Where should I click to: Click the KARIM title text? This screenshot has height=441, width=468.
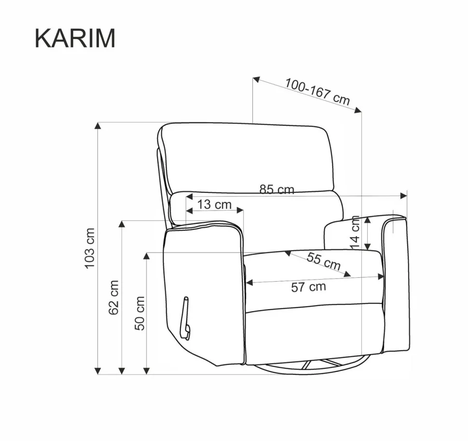click(75, 38)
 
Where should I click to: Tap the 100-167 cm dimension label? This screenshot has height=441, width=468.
click(317, 92)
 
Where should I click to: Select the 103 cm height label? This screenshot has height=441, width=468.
click(90, 248)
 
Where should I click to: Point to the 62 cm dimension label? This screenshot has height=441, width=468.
click(114, 297)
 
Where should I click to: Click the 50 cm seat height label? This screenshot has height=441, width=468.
click(140, 313)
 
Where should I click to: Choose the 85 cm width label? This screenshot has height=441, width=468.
click(276, 189)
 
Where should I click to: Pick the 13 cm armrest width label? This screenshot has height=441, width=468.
click(214, 205)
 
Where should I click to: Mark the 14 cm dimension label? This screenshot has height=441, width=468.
click(355, 232)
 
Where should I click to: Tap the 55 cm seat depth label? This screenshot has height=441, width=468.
click(324, 261)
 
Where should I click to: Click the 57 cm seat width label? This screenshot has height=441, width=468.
click(309, 287)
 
